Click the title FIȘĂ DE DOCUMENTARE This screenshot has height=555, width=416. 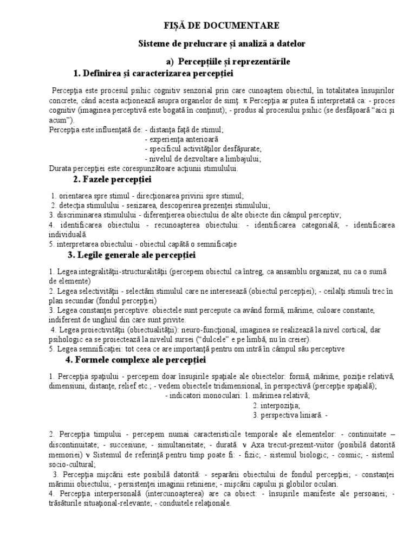[222, 25]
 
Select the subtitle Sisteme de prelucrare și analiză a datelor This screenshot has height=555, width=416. [222, 43]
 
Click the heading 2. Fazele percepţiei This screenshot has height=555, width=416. [112, 179]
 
